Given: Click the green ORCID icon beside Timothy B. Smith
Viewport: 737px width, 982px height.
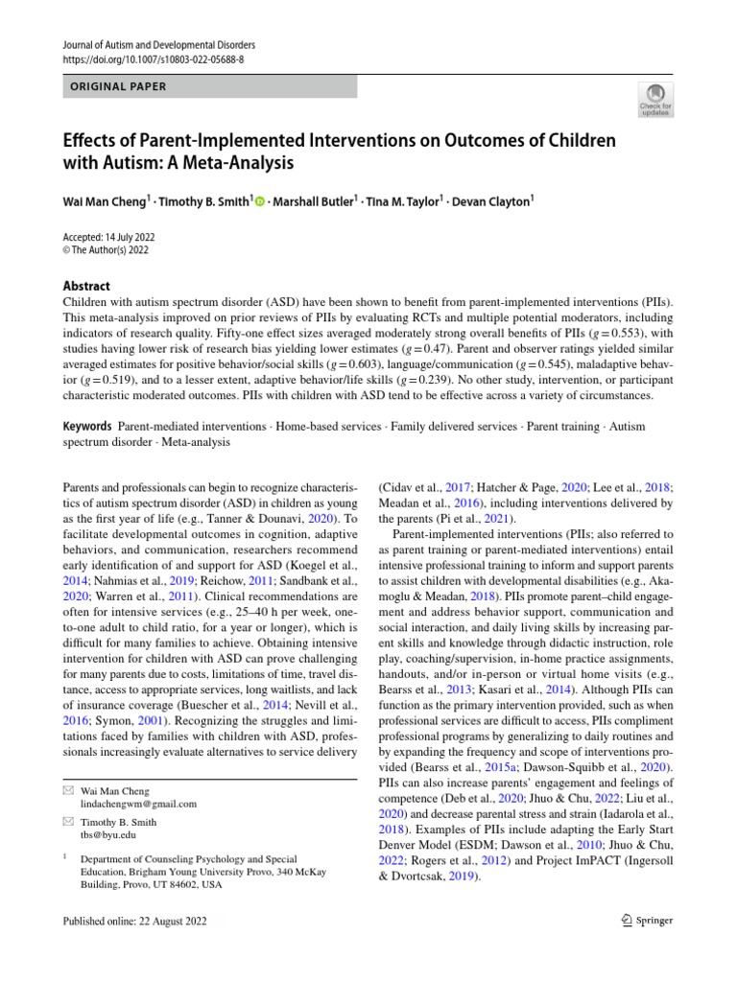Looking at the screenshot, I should point(260,201).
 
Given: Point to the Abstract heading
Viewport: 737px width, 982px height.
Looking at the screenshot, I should point(85,286).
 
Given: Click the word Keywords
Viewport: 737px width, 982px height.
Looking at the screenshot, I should point(86,425).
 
